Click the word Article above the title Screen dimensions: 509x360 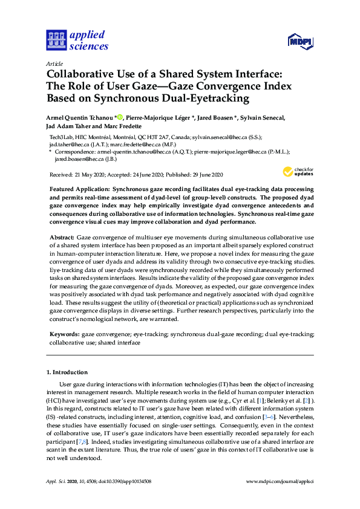54,63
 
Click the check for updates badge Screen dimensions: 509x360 297,172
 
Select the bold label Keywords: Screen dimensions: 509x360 64,334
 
